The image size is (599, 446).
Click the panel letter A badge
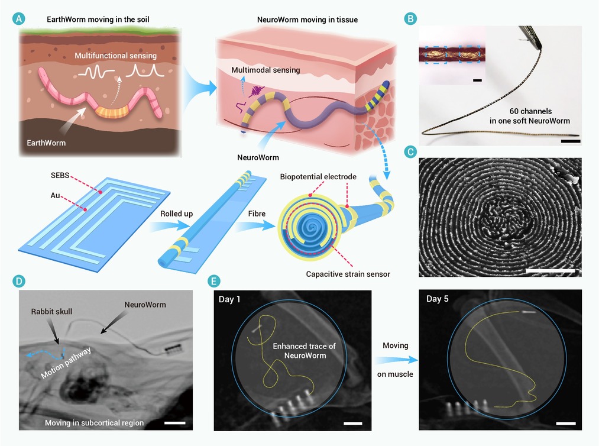(18, 18)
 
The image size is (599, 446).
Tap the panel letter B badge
(410, 18)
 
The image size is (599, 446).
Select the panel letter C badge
(410, 152)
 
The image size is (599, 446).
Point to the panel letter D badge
(18, 282)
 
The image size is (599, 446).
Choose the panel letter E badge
(213, 282)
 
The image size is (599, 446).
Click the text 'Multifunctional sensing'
(115, 56)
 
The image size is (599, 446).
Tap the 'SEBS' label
(60, 176)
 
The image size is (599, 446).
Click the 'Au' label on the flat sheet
(56, 195)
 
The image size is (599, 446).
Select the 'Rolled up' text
(176, 214)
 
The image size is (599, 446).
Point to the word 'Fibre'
(257, 214)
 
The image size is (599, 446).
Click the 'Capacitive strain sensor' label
(348, 274)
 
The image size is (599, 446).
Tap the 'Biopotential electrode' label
(318, 176)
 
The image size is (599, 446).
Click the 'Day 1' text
(229, 299)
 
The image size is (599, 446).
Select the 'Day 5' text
(438, 299)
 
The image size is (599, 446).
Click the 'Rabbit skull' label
(51, 312)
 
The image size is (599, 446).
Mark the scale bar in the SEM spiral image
(550, 270)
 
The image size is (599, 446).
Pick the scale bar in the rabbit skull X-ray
(174, 423)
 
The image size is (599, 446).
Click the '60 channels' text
(530, 111)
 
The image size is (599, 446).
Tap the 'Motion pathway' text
(66, 363)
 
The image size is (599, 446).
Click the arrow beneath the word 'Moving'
(396, 360)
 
